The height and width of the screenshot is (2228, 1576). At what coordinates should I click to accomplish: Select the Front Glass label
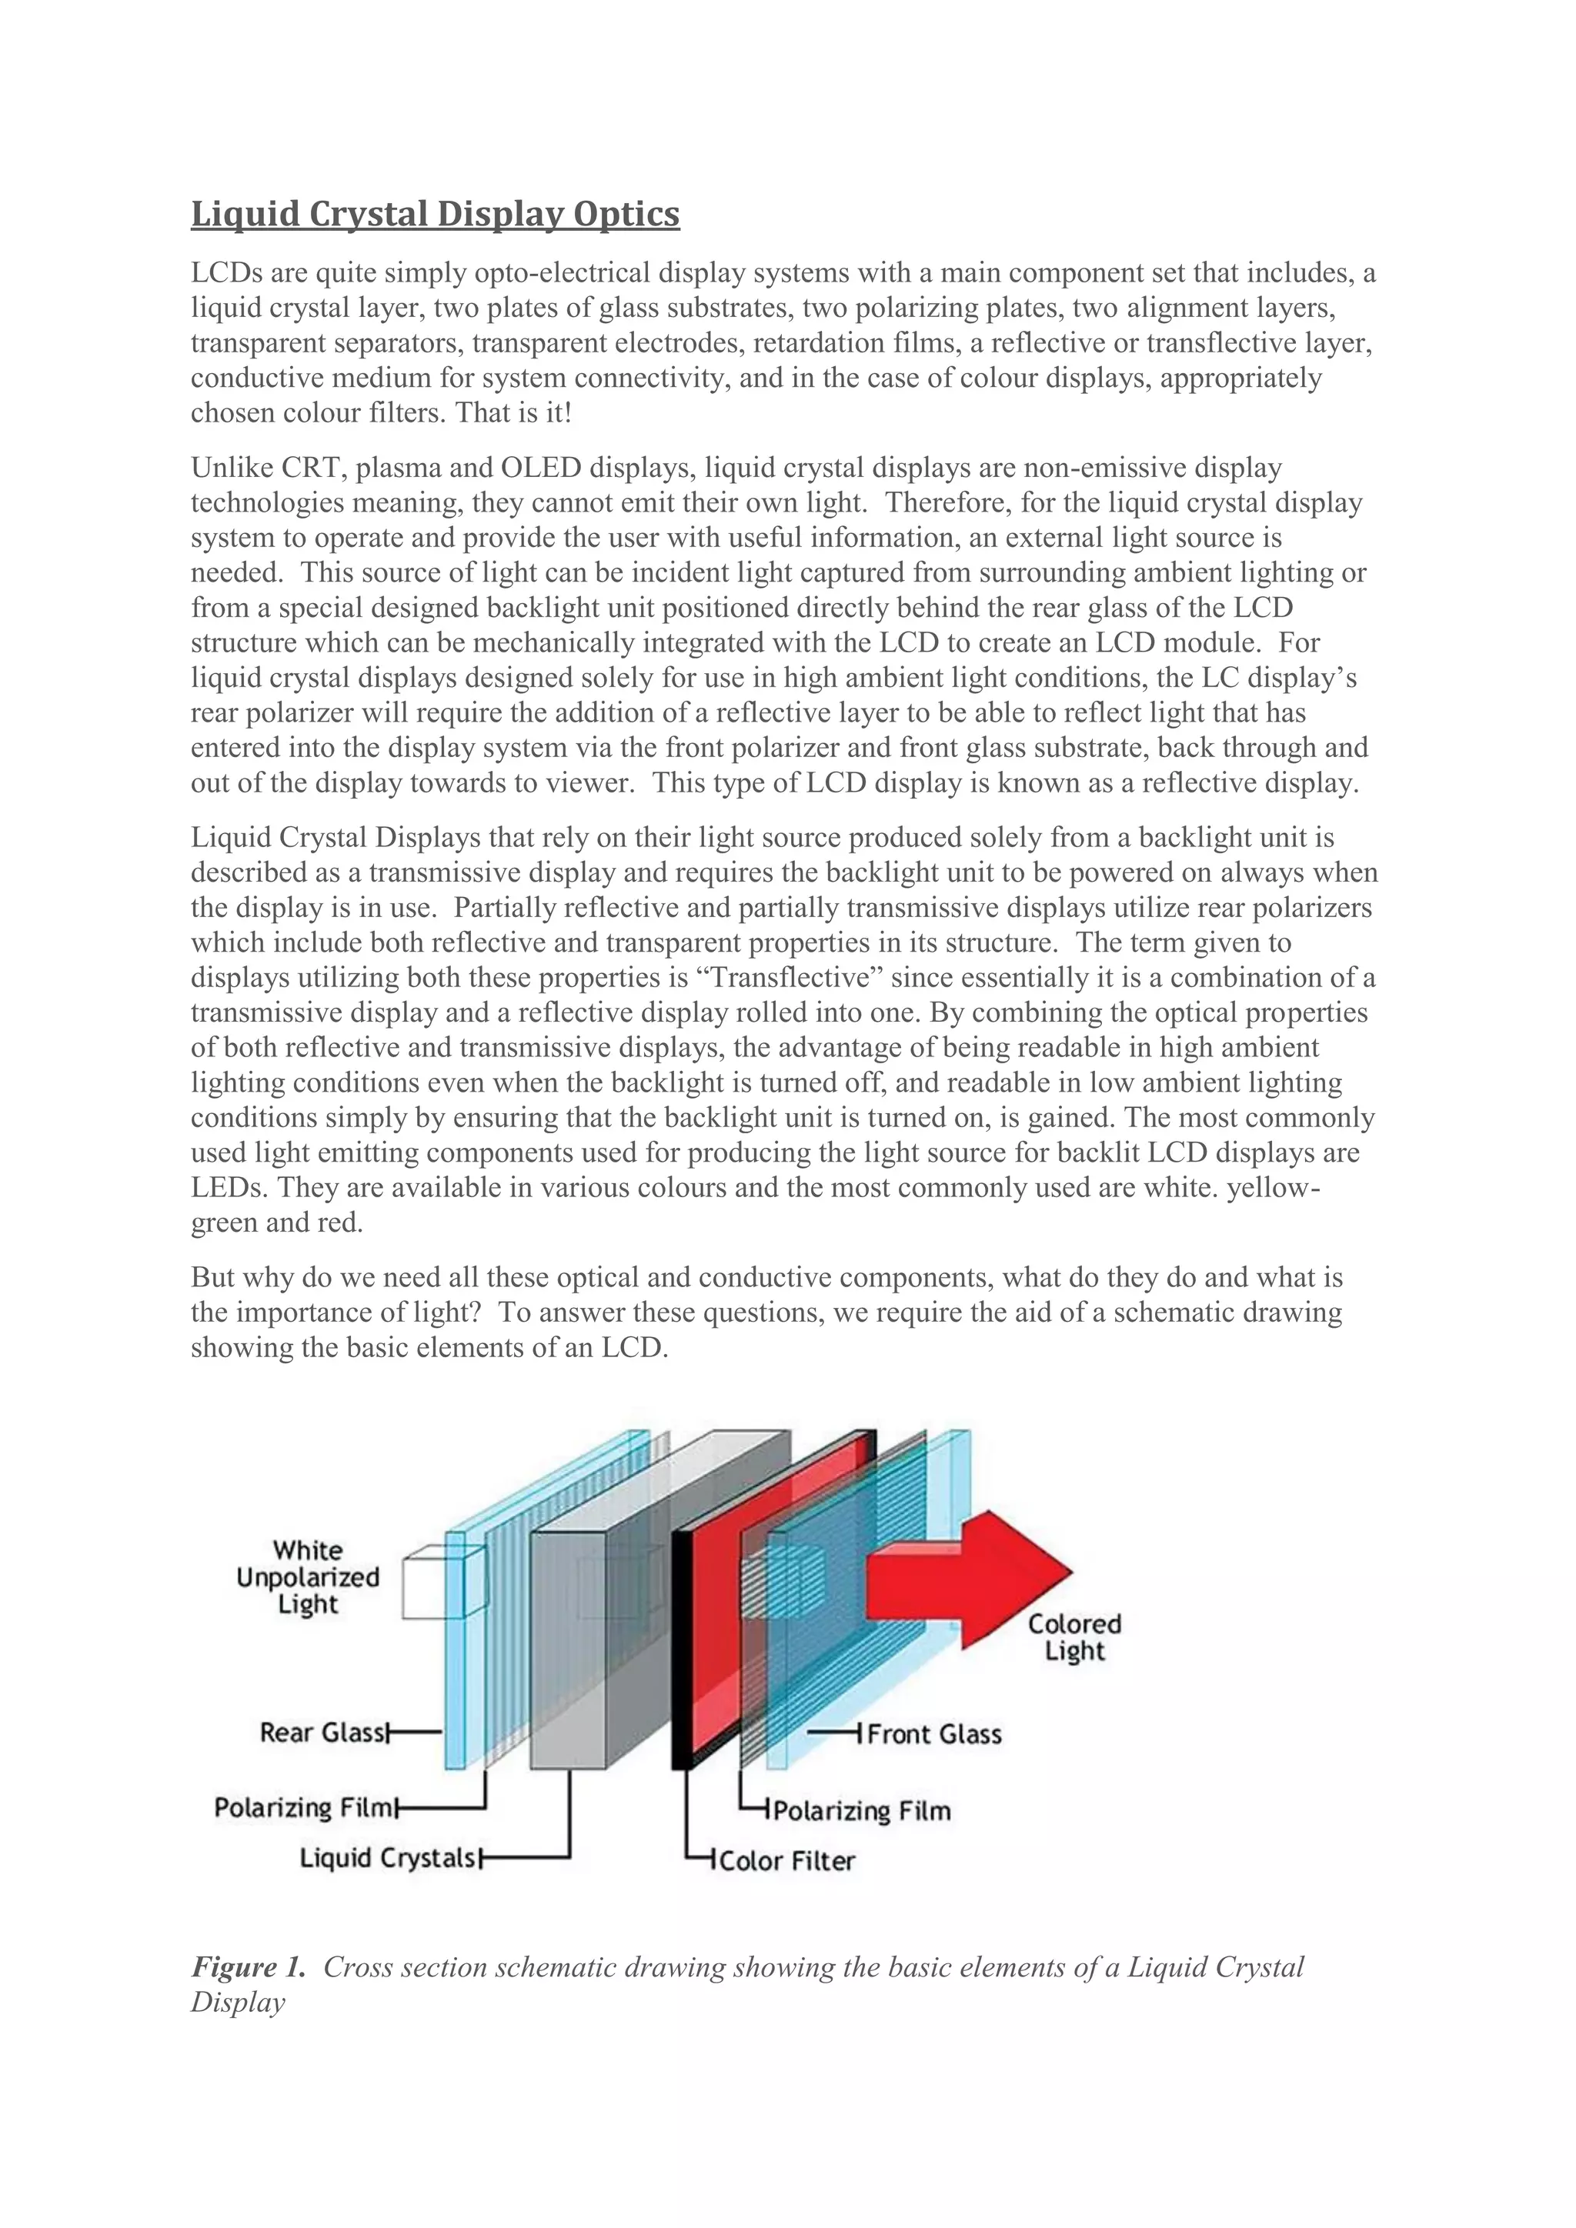[x=933, y=1734]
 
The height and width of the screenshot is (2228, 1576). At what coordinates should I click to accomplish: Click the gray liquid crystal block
[x=568, y=1649]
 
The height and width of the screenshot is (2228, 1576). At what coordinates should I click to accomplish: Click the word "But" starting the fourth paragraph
[x=213, y=1277]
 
